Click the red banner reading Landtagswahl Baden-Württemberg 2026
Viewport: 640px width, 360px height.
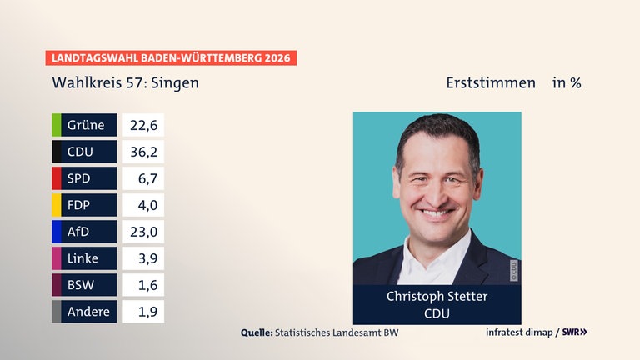[x=171, y=58]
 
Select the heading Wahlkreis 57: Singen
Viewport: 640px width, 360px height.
[x=125, y=83]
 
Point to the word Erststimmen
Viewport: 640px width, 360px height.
[x=491, y=83]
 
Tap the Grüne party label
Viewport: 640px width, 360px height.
[x=87, y=125]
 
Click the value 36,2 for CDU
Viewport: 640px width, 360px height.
[x=143, y=152]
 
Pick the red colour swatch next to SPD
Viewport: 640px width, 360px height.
[x=56, y=178]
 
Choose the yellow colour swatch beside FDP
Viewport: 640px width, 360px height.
[x=56, y=205]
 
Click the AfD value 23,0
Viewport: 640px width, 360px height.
[x=143, y=232]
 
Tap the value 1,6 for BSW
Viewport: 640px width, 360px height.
[x=143, y=285]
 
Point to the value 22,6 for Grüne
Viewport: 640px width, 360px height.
[x=143, y=125]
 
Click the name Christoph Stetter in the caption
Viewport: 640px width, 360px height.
[x=437, y=297]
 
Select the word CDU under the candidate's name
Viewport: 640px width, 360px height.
[x=437, y=313]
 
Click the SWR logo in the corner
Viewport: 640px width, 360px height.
[x=575, y=332]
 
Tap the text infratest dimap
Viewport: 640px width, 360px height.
[x=520, y=332]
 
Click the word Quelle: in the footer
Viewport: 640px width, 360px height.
[x=257, y=332]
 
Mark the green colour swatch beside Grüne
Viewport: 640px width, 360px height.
[x=56, y=125]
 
